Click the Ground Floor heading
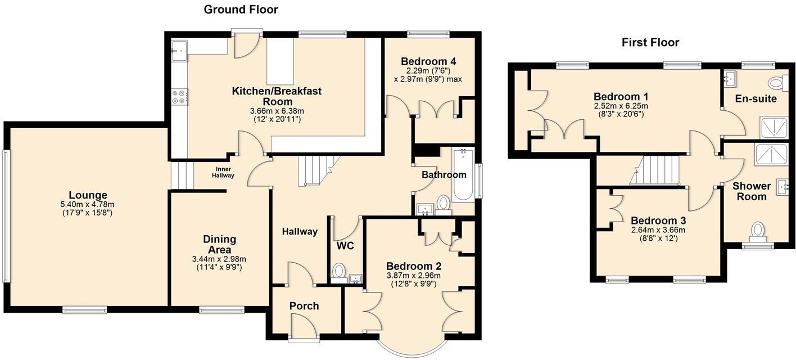tap(241, 9)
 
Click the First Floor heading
tap(650, 42)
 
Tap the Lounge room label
tap(87, 195)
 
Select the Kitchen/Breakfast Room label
tap(277, 96)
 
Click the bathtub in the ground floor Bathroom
tap(464, 175)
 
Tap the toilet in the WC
tap(338, 272)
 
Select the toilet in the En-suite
tap(776, 84)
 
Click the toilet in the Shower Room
tap(758, 231)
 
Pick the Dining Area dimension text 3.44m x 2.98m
tap(219, 259)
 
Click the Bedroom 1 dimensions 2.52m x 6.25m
tap(621, 106)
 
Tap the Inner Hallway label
tap(223, 172)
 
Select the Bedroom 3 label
tap(658, 220)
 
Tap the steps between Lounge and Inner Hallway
tap(182, 175)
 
